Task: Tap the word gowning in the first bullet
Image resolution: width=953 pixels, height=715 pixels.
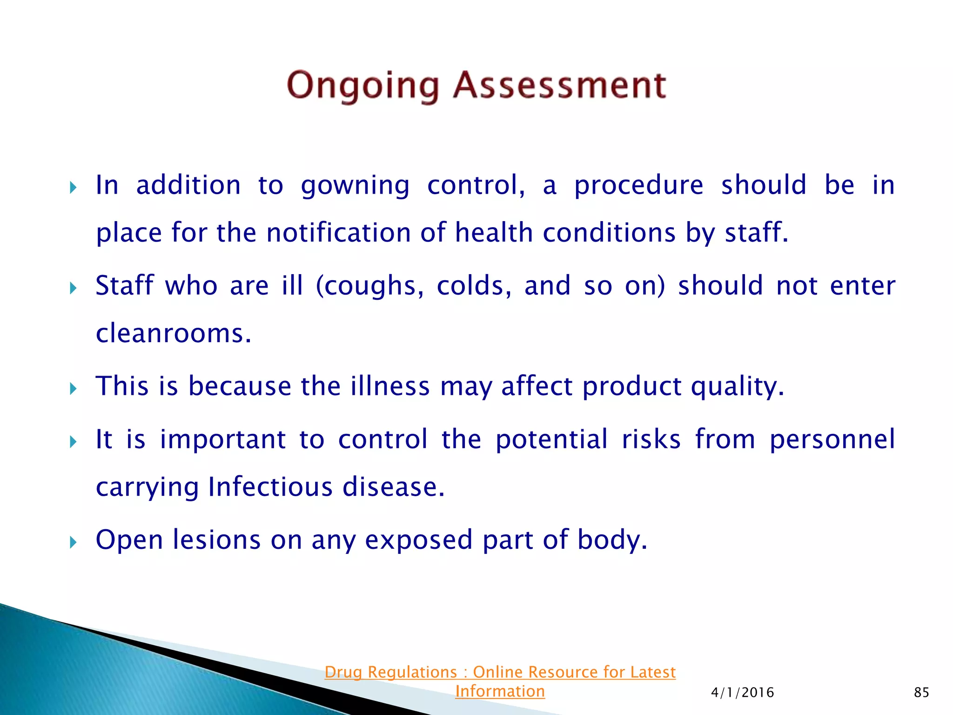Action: (x=355, y=185)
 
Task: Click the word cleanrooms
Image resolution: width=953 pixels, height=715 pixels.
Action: (x=173, y=333)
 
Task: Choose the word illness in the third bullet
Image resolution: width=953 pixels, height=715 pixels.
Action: (x=390, y=386)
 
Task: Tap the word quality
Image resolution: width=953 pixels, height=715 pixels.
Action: (x=737, y=386)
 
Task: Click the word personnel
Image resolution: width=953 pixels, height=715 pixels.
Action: (x=832, y=439)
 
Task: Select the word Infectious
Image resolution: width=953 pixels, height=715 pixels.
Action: (x=270, y=487)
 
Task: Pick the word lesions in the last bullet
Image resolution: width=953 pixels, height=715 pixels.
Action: (x=216, y=540)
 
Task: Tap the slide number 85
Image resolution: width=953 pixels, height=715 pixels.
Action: (x=921, y=692)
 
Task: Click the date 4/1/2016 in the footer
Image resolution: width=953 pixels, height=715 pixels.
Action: (x=742, y=692)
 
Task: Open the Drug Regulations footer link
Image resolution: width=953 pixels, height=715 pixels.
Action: (x=500, y=672)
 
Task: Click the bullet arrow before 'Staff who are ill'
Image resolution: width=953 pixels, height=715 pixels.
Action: (x=73, y=288)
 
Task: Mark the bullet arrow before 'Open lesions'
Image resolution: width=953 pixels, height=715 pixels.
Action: (x=73, y=542)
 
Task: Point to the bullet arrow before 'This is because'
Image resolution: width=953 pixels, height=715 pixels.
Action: (x=73, y=388)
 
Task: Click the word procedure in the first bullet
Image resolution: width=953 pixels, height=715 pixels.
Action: (x=638, y=185)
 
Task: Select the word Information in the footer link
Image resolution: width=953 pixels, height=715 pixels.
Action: (x=500, y=691)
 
